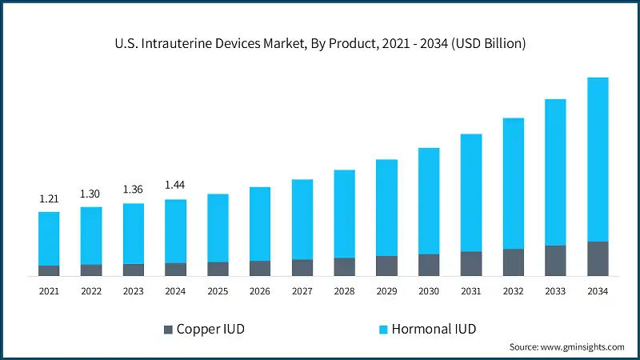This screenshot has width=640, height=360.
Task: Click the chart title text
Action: (x=320, y=44)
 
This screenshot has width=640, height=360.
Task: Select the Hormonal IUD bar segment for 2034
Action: (x=598, y=159)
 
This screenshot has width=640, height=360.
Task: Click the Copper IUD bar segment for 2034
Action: (x=598, y=258)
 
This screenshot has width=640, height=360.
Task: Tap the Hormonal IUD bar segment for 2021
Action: (x=49, y=238)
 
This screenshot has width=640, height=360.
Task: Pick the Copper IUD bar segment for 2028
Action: (x=344, y=266)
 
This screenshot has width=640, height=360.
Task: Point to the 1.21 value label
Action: (x=49, y=198)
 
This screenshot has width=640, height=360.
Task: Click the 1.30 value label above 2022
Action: (x=91, y=194)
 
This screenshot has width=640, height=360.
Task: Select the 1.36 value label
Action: (x=134, y=190)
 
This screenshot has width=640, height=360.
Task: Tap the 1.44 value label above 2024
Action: (x=175, y=185)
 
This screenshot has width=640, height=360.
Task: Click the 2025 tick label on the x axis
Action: (x=218, y=292)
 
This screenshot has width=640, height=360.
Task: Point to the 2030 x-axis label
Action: (x=429, y=292)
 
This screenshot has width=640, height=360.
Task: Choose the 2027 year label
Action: (x=302, y=292)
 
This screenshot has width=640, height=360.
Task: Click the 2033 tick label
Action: (x=555, y=292)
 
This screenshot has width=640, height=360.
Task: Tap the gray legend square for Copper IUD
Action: (x=167, y=330)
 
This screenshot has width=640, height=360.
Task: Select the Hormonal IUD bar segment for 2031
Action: (x=471, y=193)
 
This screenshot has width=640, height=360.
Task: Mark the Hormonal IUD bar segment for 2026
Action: (x=260, y=224)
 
